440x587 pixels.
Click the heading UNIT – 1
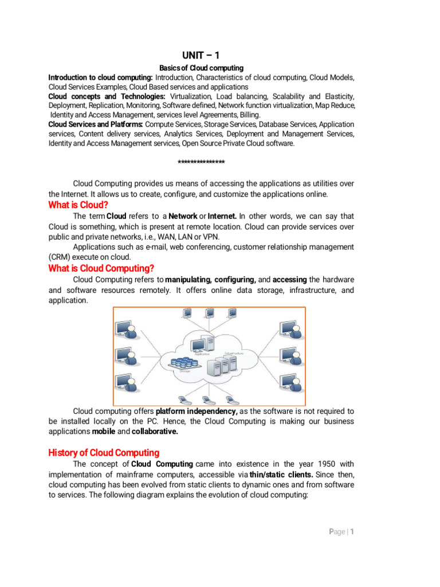tap(201, 55)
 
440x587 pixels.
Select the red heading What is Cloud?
tap(78, 205)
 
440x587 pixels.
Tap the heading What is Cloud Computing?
tap(101, 268)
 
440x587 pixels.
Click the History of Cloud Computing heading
tap(104, 452)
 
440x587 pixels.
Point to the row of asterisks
tap(201, 163)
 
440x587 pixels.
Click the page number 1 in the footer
tap(353, 531)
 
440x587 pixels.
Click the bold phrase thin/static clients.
tap(281, 474)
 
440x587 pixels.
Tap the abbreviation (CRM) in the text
tap(60, 256)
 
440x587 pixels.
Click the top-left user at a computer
tap(127, 330)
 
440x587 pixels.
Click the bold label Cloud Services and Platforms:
tap(96, 124)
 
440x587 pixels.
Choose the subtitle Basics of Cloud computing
tap(201, 68)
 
